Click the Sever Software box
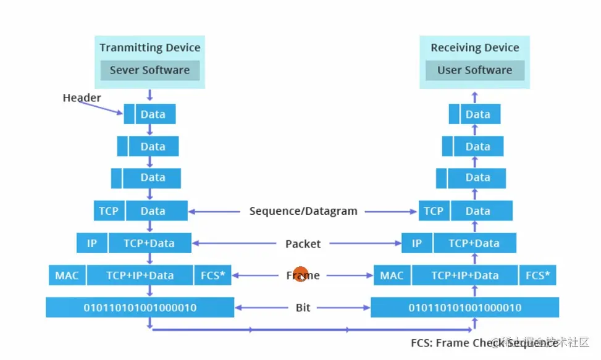click(x=149, y=70)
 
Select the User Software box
click(x=474, y=70)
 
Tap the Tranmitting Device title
click(x=150, y=48)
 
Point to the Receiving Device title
click(x=475, y=48)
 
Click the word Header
click(x=82, y=98)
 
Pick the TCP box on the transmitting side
click(x=109, y=211)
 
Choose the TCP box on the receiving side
click(x=434, y=211)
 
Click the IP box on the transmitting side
click(x=92, y=243)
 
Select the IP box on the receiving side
click(x=417, y=243)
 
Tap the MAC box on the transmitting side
click(x=67, y=275)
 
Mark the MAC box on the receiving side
click(x=392, y=275)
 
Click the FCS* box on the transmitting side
click(x=212, y=275)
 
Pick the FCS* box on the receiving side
click(x=537, y=275)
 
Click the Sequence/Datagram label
click(x=303, y=211)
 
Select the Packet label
click(x=303, y=244)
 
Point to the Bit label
click(x=303, y=308)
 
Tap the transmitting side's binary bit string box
click(x=140, y=308)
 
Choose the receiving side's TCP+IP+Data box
click(x=464, y=275)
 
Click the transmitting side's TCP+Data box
click(x=149, y=243)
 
